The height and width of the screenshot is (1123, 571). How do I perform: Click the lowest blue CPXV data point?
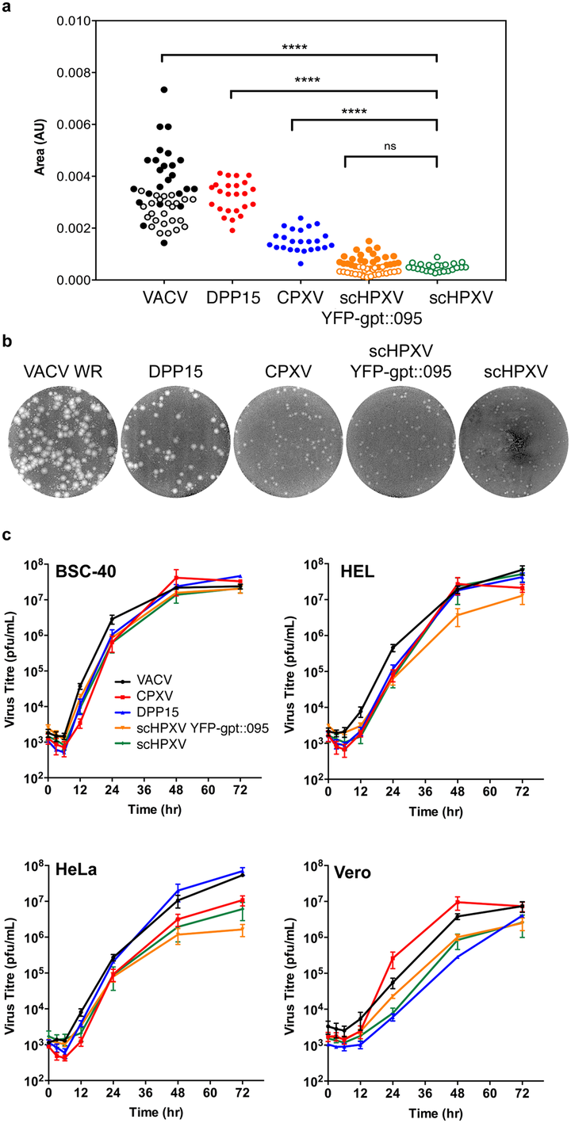point(299,262)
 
